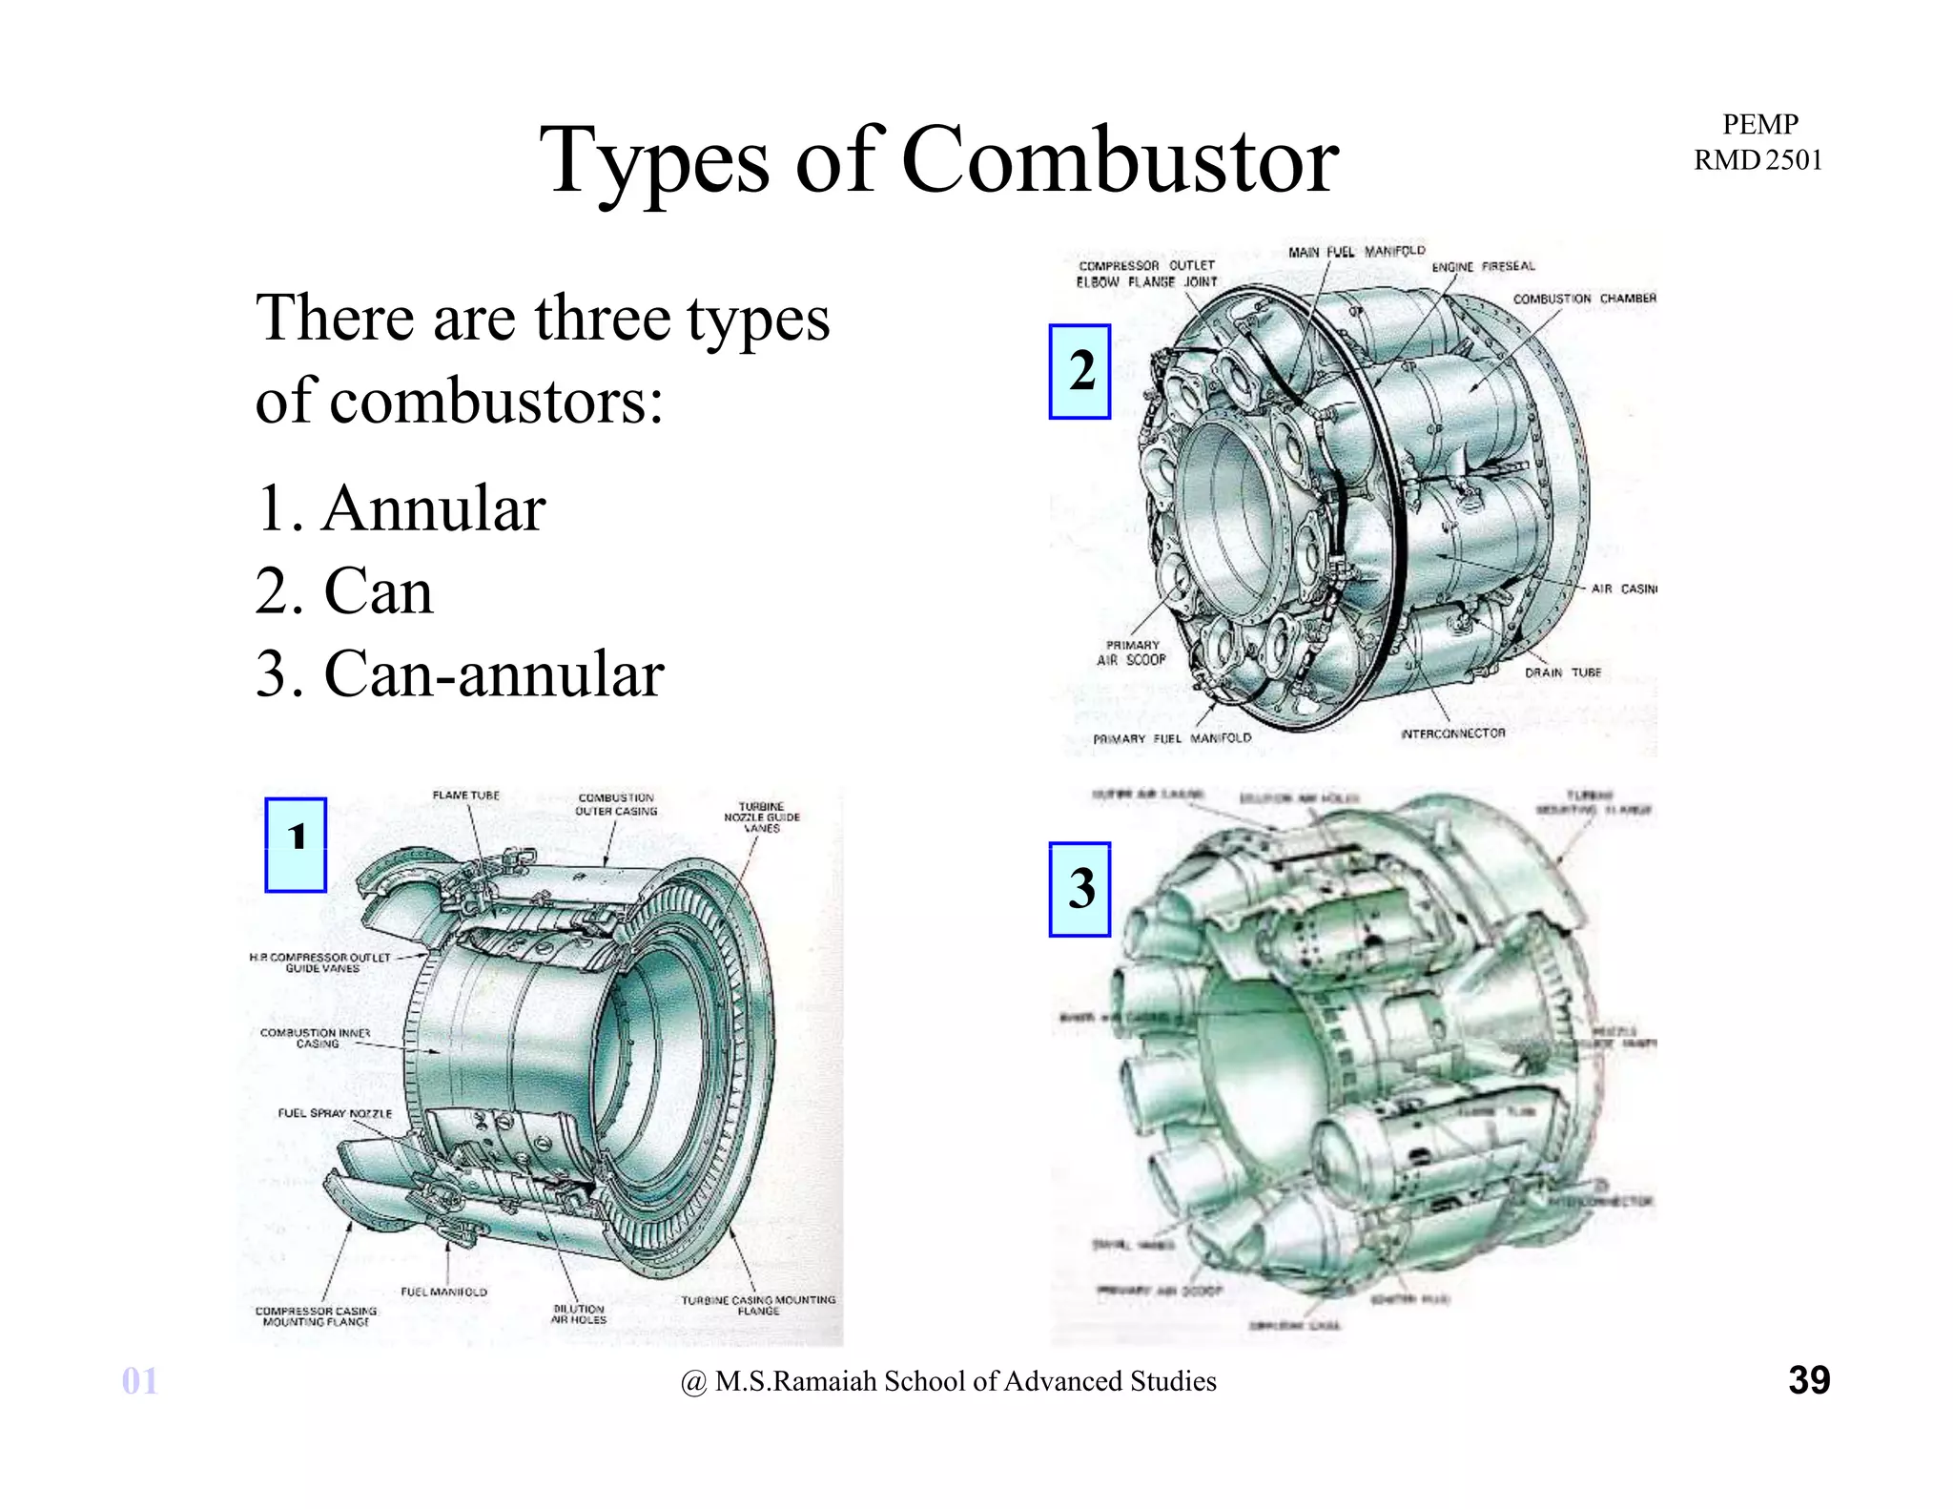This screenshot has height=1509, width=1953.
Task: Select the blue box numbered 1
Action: [x=296, y=845]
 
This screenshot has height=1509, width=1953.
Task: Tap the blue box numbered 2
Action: [x=1079, y=371]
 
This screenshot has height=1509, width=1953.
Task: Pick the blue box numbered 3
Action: [x=1079, y=889]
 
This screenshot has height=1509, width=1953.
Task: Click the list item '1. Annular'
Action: [x=401, y=508]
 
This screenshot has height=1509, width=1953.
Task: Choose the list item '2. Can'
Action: [x=344, y=591]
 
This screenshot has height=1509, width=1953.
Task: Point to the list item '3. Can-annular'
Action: [x=460, y=674]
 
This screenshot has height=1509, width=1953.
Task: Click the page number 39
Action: [x=1808, y=1380]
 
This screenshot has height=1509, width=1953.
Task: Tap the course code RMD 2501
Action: [x=1758, y=160]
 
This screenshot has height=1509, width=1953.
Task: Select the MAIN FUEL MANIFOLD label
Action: [x=1356, y=252]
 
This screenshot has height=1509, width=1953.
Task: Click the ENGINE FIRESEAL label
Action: [x=1483, y=267]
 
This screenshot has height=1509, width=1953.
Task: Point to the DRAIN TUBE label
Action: [x=1562, y=672]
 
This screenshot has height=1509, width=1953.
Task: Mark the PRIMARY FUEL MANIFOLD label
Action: [x=1171, y=738]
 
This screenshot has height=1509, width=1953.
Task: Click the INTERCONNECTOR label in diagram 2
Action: [x=1452, y=734]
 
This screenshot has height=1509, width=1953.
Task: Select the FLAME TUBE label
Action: [x=465, y=796]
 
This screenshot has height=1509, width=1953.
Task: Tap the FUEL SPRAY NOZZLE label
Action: [x=335, y=1113]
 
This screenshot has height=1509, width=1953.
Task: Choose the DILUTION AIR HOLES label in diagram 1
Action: [x=578, y=1314]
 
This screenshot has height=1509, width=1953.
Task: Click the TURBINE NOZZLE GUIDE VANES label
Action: [x=761, y=817]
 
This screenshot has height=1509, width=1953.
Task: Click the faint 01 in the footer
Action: [x=139, y=1381]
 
